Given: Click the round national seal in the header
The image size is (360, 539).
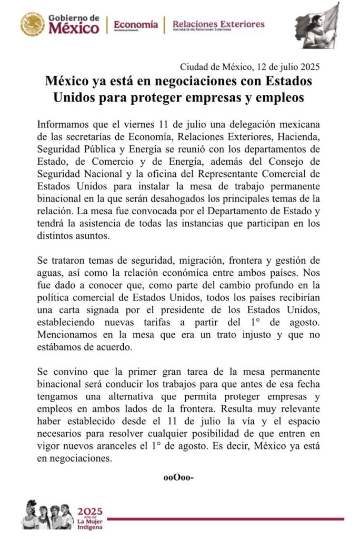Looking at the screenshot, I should [x=33, y=24].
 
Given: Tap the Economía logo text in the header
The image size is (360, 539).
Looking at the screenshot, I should [x=135, y=24].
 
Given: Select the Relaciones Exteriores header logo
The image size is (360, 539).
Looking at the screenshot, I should [x=218, y=24].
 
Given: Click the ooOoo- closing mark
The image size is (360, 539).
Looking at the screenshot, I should [x=179, y=477].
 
